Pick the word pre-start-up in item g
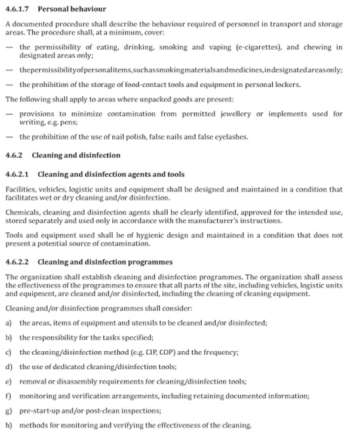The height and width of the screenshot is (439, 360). tap(39, 411)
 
